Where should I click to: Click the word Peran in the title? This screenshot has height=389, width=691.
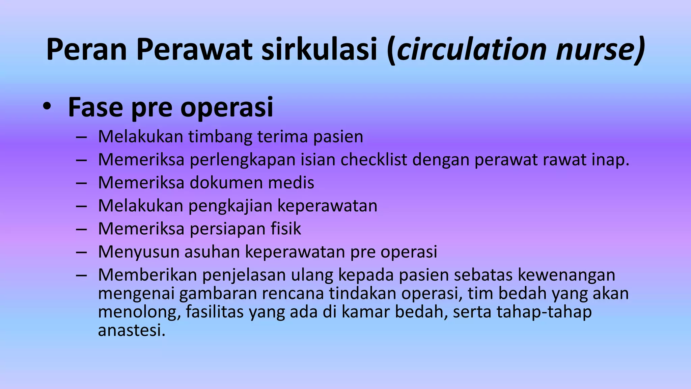[86, 50]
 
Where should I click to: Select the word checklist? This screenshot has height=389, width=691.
[374, 160]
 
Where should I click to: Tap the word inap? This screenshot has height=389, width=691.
[610, 160]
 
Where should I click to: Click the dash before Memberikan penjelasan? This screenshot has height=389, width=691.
[81, 275]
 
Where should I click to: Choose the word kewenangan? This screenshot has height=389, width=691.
[566, 275]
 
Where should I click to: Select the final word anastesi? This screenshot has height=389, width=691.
[132, 330]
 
